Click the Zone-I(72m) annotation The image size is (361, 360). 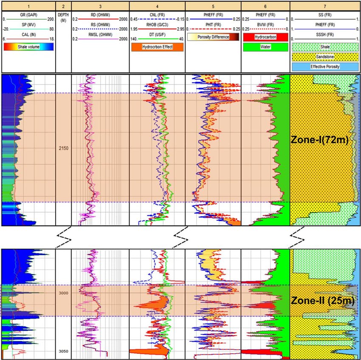point(319,141)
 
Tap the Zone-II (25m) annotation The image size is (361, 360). point(322,301)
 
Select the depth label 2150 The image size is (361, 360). point(64,148)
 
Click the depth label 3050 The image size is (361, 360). point(64,352)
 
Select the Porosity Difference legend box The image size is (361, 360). point(213,37)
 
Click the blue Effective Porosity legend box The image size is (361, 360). point(325,66)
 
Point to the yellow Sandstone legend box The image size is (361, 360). point(325,56)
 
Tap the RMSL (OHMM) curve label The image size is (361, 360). point(100,34)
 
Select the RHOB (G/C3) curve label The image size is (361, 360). point(157,24)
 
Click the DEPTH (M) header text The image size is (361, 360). point(64,17)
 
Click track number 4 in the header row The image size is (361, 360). point(157,6)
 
